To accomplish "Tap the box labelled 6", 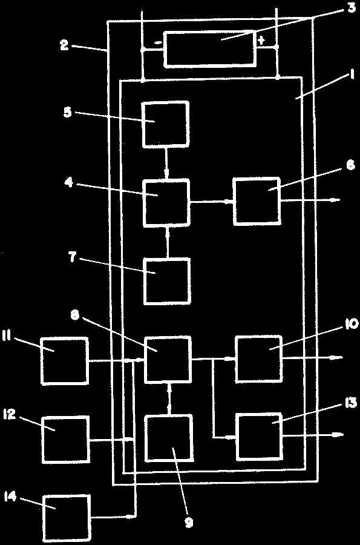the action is point(257,200).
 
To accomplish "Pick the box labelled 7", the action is point(168,281).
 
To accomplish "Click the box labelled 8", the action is point(168,359).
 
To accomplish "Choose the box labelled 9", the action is point(169,438).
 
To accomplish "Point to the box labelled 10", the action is point(259,358).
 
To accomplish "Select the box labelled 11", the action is point(65,361).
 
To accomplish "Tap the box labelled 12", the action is point(66,440).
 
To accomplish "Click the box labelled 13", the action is point(260,437).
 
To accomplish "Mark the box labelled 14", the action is point(67,519).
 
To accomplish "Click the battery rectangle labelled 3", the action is point(211,48).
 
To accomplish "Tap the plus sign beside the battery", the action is point(261,41).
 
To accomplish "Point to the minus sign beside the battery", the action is point(157,43).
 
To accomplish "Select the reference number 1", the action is point(352,74).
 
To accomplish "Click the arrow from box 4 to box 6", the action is point(211,201).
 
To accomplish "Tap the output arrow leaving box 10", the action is point(313,357).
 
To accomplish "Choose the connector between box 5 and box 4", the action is point(167,163).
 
